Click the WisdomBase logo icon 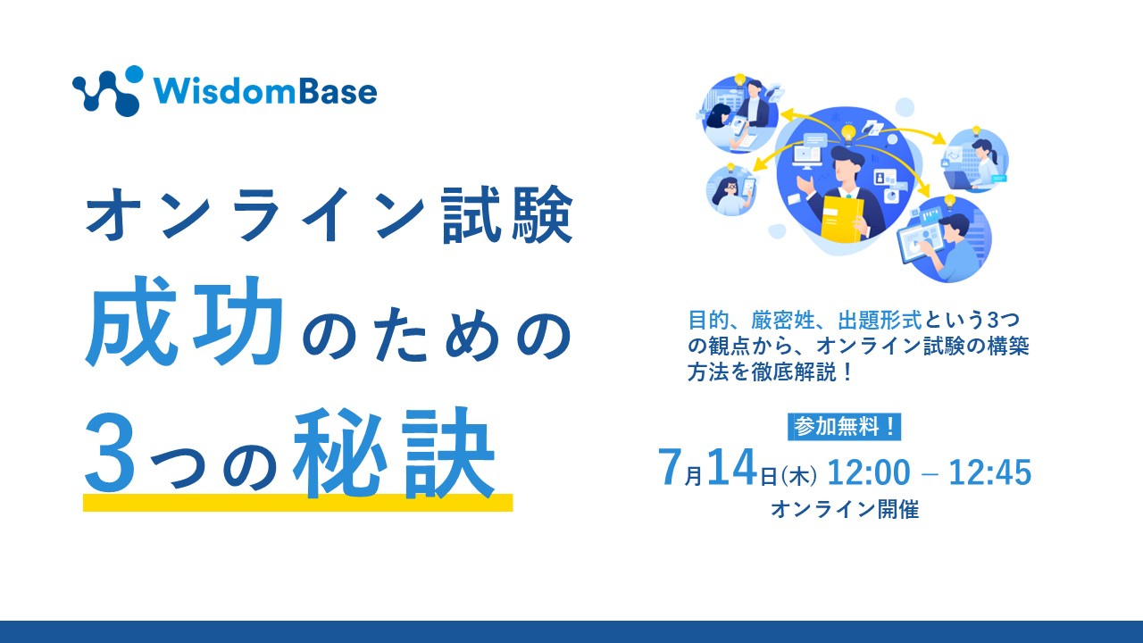pos(106,91)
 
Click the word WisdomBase pos(266,92)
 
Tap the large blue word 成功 pos(183,321)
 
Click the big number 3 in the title pos(110,454)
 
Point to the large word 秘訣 pos(394,453)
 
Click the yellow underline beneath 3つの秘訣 pos(298,503)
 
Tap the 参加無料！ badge pos(845,427)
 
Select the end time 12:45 pos(990,472)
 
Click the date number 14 pos(731,467)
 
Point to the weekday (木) pos(798,477)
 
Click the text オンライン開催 pos(845,509)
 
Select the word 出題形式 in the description pos(880,320)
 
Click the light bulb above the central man pos(848,133)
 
